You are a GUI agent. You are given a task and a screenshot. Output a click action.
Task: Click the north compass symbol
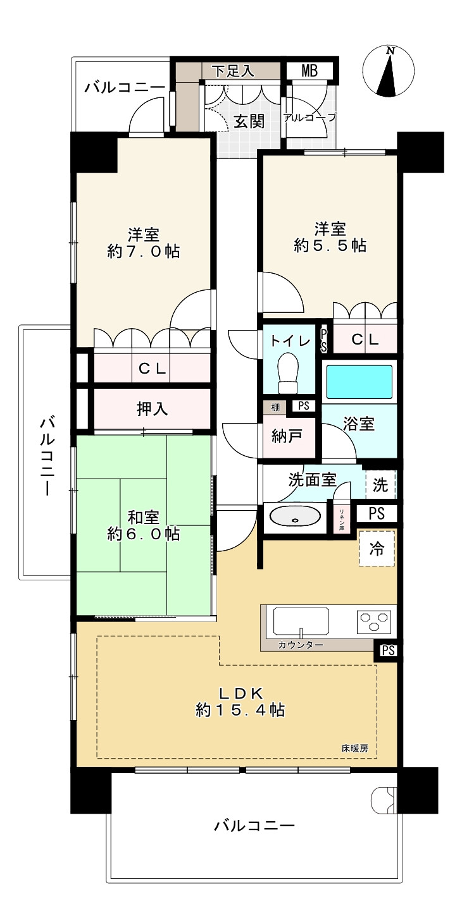tap(389, 71)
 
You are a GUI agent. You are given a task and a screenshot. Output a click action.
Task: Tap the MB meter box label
tap(309, 71)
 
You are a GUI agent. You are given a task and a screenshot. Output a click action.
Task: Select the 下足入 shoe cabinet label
tap(234, 71)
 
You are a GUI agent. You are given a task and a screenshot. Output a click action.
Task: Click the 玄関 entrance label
tap(249, 121)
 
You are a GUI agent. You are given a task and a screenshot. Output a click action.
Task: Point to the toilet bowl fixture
tap(289, 374)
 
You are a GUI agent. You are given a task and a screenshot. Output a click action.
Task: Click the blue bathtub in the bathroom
tap(359, 381)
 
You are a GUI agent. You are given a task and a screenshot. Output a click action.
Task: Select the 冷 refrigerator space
tap(377, 549)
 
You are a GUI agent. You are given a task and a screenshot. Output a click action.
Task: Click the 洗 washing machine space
tap(380, 484)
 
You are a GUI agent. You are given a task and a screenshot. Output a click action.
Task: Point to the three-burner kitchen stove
tap(374, 622)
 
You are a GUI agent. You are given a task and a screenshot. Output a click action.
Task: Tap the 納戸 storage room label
tap(287, 436)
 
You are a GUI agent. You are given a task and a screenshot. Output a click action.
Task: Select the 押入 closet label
tap(153, 408)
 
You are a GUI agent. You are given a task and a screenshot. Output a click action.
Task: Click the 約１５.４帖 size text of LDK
tap(240, 710)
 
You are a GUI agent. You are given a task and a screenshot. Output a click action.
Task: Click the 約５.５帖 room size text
tap(330, 246)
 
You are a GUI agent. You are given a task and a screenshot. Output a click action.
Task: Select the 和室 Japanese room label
tap(143, 517)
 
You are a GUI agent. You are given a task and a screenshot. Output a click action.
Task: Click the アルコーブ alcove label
tap(309, 118)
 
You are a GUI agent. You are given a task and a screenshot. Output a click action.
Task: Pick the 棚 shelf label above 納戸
tap(275, 407)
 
